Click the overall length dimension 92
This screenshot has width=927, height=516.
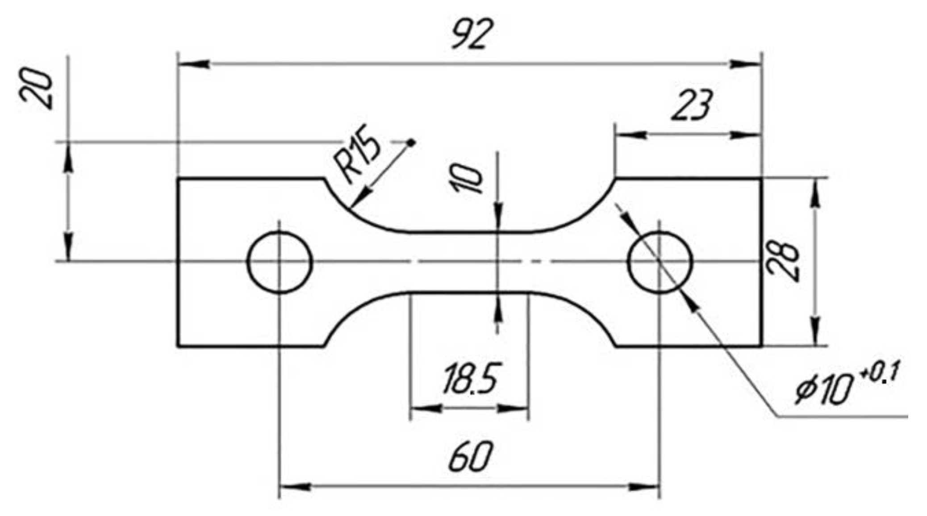[x=472, y=34]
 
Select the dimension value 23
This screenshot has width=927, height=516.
[x=692, y=105]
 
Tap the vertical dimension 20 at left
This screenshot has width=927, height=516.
[x=37, y=88]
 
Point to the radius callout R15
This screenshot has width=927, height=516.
[x=357, y=154]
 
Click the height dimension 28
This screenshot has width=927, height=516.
[x=782, y=261]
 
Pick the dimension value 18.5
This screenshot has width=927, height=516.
[x=470, y=379]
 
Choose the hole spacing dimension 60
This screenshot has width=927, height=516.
[x=471, y=457]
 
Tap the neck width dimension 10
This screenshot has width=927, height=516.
[x=467, y=178]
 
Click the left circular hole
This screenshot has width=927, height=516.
[x=280, y=262]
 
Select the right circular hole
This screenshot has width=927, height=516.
[x=660, y=262]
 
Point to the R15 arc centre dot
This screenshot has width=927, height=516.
[x=411, y=143]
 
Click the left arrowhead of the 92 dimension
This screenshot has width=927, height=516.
[x=194, y=64]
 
